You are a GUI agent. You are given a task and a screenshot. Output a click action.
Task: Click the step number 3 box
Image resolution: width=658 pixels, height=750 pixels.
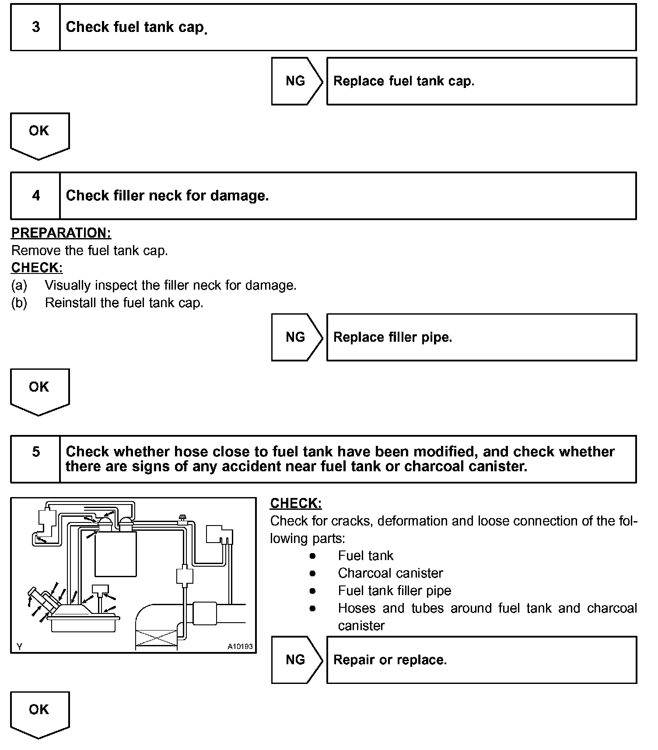click(x=35, y=27)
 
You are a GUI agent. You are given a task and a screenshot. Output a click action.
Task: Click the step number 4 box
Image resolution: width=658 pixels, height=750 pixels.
click(x=35, y=196)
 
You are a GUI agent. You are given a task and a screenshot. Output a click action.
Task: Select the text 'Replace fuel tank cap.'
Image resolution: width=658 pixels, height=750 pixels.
click(x=403, y=81)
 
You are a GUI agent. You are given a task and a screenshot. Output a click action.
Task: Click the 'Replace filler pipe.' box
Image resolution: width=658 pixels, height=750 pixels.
click(x=481, y=337)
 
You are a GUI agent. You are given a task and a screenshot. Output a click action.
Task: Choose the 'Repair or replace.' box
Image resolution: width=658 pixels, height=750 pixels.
click(x=481, y=660)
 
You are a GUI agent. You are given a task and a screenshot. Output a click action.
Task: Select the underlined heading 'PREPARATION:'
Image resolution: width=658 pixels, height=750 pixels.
click(x=61, y=233)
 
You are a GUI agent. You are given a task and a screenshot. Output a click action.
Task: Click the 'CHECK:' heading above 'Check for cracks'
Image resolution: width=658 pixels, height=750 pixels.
click(x=296, y=503)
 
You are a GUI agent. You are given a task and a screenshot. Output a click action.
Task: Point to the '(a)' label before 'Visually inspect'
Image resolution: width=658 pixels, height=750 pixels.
click(x=19, y=285)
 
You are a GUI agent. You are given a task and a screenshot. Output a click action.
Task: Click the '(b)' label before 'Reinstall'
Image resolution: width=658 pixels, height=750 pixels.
click(x=19, y=303)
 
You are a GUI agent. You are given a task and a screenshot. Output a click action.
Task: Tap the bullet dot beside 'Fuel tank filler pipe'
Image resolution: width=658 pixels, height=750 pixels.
click(x=312, y=591)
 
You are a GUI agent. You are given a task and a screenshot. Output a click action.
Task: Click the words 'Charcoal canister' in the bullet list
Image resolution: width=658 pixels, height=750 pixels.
click(x=390, y=573)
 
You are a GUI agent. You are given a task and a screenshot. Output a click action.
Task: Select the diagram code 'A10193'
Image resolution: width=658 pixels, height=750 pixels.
click(x=240, y=646)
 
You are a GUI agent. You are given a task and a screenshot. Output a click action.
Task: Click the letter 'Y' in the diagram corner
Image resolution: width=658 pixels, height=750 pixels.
click(x=19, y=646)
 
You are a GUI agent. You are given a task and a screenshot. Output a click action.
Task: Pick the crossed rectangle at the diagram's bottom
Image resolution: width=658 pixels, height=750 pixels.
click(x=157, y=638)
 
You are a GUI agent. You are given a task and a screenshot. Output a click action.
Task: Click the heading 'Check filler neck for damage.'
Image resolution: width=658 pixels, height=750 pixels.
click(x=167, y=196)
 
